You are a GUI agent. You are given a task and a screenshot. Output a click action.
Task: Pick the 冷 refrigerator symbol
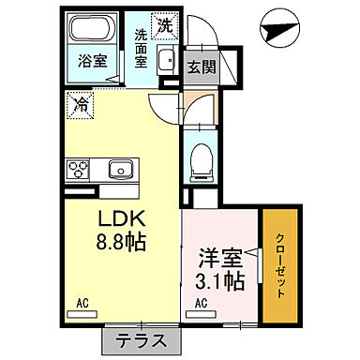click(81, 105)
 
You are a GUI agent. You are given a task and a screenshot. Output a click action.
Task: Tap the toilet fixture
click(200, 162)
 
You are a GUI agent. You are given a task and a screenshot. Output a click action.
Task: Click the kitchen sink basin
click(118, 170)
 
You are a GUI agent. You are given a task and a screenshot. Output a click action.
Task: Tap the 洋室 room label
click(219, 255)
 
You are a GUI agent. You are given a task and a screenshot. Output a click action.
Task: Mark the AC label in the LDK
click(82, 304)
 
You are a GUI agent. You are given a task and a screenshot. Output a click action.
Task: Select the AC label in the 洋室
click(201, 304)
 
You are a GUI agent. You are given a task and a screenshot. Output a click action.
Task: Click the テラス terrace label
click(142, 340)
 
